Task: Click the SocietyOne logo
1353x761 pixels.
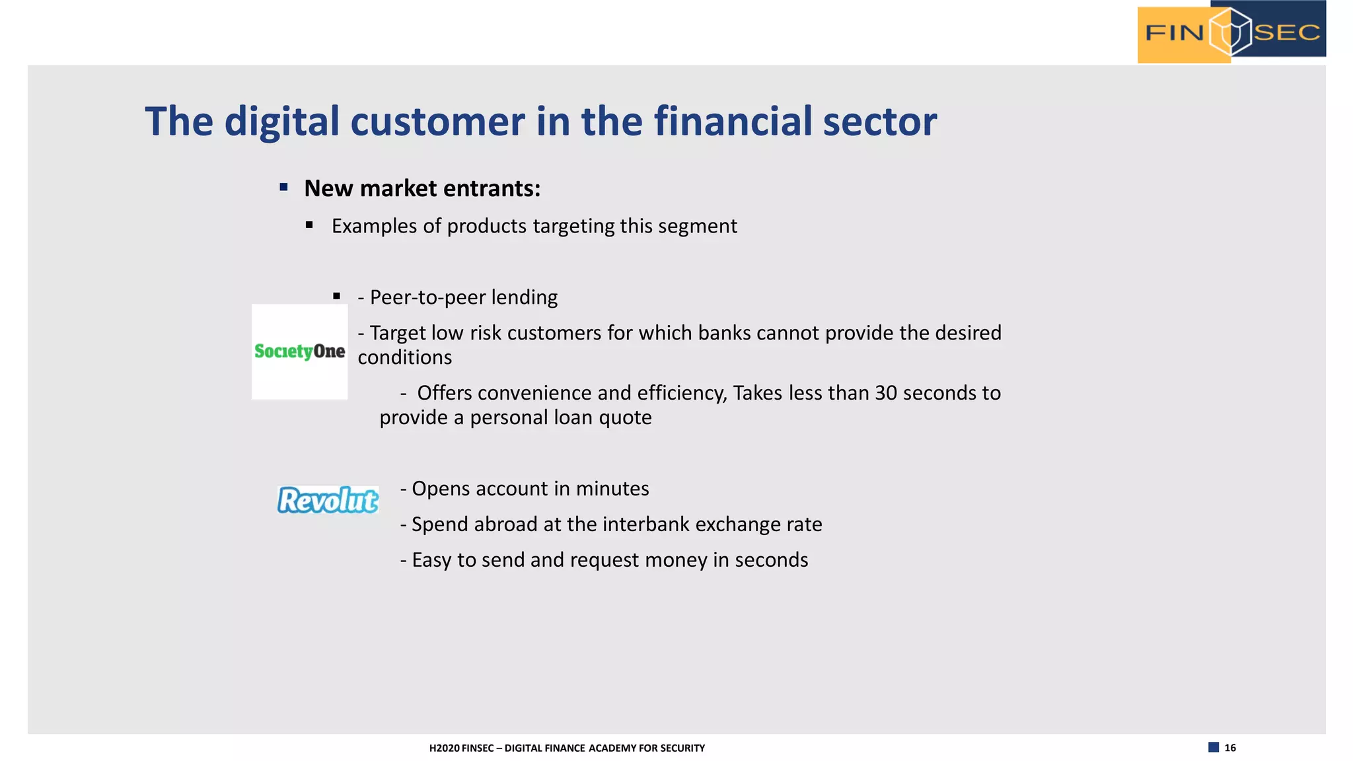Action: point(299,351)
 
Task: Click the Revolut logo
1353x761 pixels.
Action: point(328,500)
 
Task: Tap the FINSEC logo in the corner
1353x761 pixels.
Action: point(1231,32)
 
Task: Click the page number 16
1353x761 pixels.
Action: point(1229,748)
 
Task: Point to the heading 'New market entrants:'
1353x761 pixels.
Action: point(421,189)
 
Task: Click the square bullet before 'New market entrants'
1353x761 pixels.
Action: point(283,188)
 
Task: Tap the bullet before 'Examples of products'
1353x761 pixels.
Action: point(309,225)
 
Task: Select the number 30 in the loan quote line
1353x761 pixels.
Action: point(885,393)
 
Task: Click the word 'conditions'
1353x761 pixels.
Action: point(404,357)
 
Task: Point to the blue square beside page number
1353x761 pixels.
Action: point(1213,748)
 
